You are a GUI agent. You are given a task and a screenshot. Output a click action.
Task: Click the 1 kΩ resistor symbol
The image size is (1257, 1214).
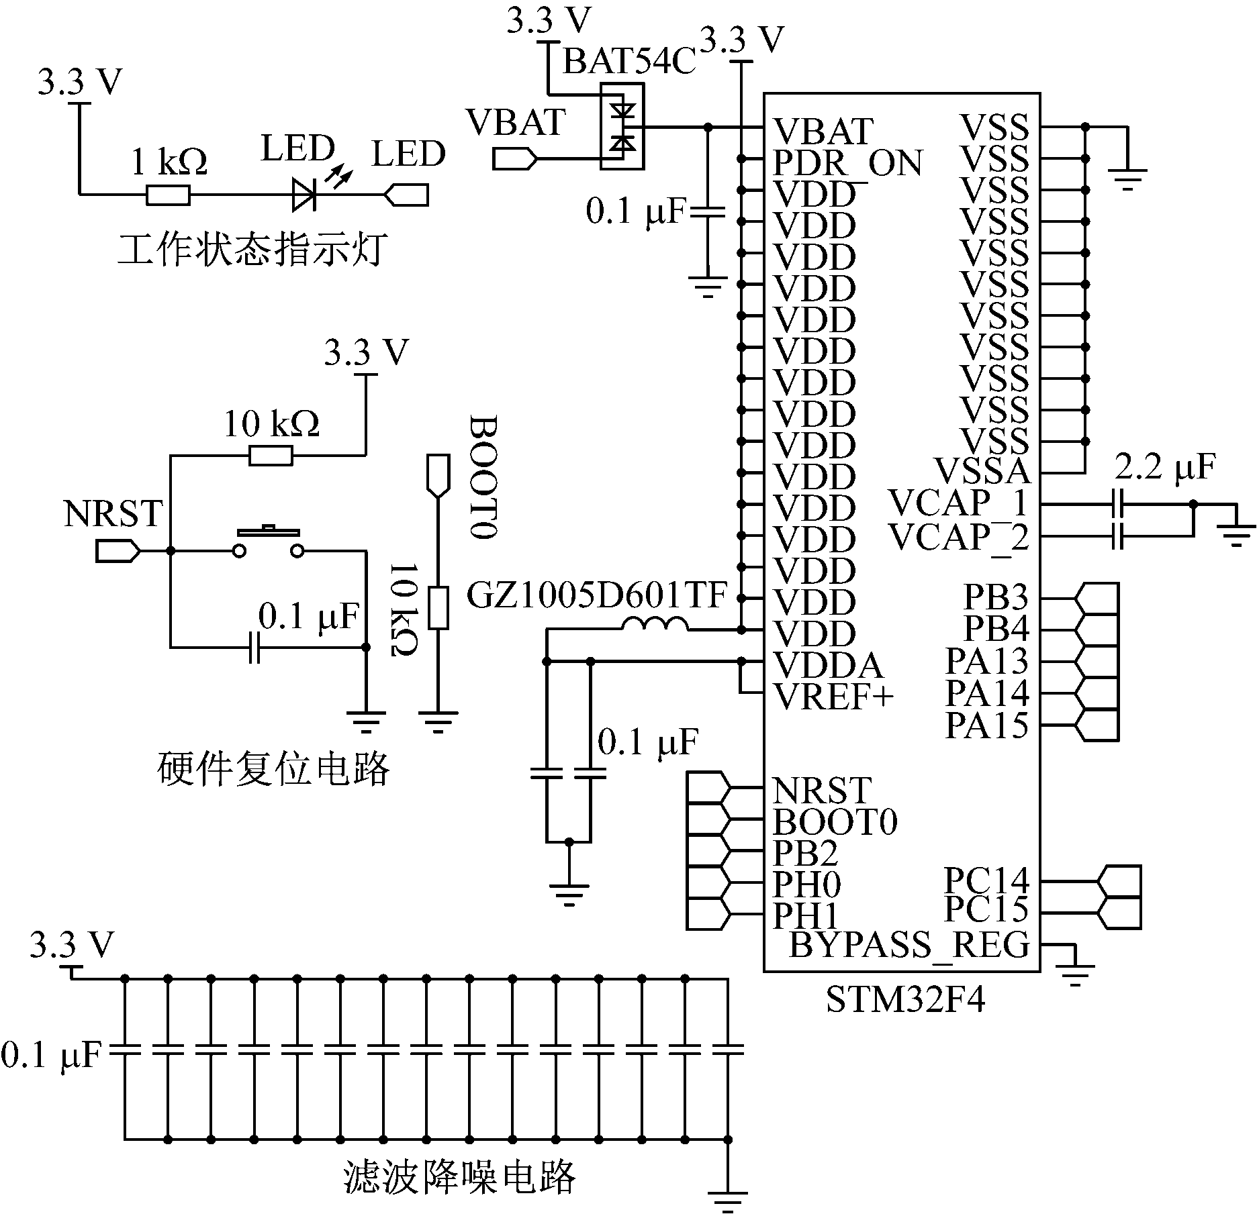click(x=168, y=196)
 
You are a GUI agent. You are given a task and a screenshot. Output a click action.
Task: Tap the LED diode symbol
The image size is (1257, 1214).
click(x=305, y=195)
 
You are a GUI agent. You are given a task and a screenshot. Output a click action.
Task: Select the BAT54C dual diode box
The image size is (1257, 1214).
click(x=622, y=126)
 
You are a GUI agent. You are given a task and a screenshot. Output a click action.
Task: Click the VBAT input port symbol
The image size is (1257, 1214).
click(x=514, y=159)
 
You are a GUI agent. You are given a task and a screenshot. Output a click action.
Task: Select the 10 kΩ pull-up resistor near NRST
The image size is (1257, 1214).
click(x=271, y=456)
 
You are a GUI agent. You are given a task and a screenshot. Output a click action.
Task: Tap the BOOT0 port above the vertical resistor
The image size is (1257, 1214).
click(x=438, y=475)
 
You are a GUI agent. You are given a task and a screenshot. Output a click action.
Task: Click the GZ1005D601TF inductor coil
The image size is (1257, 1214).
click(x=655, y=626)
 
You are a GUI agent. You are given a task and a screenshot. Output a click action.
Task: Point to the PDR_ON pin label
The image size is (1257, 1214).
click(x=847, y=162)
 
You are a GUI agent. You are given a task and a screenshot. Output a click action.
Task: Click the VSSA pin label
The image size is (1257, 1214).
click(x=982, y=471)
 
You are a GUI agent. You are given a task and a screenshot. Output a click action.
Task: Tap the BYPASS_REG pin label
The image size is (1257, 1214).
click(x=909, y=944)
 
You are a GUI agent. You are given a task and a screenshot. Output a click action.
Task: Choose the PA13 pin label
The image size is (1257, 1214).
click(x=986, y=661)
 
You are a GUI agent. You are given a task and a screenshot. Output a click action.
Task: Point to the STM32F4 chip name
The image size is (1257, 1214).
click(x=904, y=1000)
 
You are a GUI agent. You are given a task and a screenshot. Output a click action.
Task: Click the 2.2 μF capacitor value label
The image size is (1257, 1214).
click(x=1165, y=468)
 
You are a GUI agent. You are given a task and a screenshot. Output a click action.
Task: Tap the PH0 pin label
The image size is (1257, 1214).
click(x=806, y=885)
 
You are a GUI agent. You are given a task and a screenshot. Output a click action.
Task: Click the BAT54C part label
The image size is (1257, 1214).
click(x=629, y=62)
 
